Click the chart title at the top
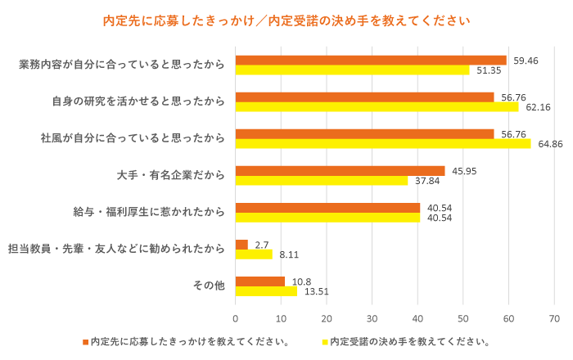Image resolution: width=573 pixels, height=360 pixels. (286, 19)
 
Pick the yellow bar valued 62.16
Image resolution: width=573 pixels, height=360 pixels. (377, 106)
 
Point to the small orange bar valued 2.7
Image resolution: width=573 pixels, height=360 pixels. (241, 245)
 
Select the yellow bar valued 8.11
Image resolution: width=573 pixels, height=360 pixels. (254, 254)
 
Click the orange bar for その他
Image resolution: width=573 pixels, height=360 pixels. (259, 281)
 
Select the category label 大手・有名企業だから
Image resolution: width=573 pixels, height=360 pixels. (171, 175)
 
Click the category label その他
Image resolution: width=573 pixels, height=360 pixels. (208, 286)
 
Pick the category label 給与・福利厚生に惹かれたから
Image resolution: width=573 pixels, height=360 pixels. (148, 212)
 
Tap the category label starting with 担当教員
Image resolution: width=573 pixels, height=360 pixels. (115, 249)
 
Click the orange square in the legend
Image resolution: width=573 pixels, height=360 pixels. (84, 341)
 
